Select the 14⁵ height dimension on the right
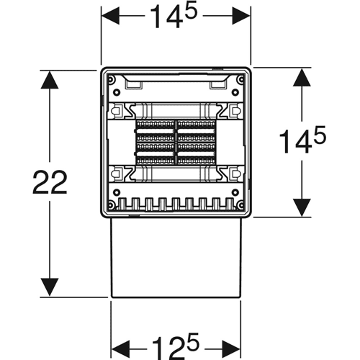(302, 140)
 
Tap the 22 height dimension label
(50, 181)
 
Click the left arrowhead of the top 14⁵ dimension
(110, 16)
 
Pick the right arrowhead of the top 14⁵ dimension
(241, 16)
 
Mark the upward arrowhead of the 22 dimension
(50, 80)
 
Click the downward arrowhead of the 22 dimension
(50, 287)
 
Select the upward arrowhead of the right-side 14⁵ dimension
(302, 77)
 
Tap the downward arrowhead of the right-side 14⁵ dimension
(302, 208)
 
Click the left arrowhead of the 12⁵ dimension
(120, 349)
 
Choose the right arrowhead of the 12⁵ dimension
(231, 349)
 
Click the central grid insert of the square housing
(176, 143)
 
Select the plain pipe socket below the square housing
(176, 258)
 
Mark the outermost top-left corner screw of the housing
(111, 79)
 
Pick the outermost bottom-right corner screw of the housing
(241, 205)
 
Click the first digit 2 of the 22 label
(41, 181)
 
